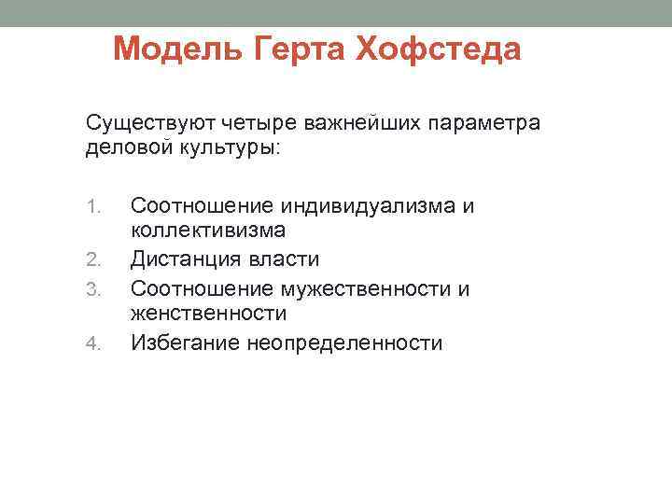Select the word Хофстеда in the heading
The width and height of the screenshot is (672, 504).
[x=438, y=49]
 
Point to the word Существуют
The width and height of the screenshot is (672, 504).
[x=149, y=123]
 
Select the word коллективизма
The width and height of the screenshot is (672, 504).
[x=208, y=230]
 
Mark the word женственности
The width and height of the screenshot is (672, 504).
[x=208, y=314]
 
